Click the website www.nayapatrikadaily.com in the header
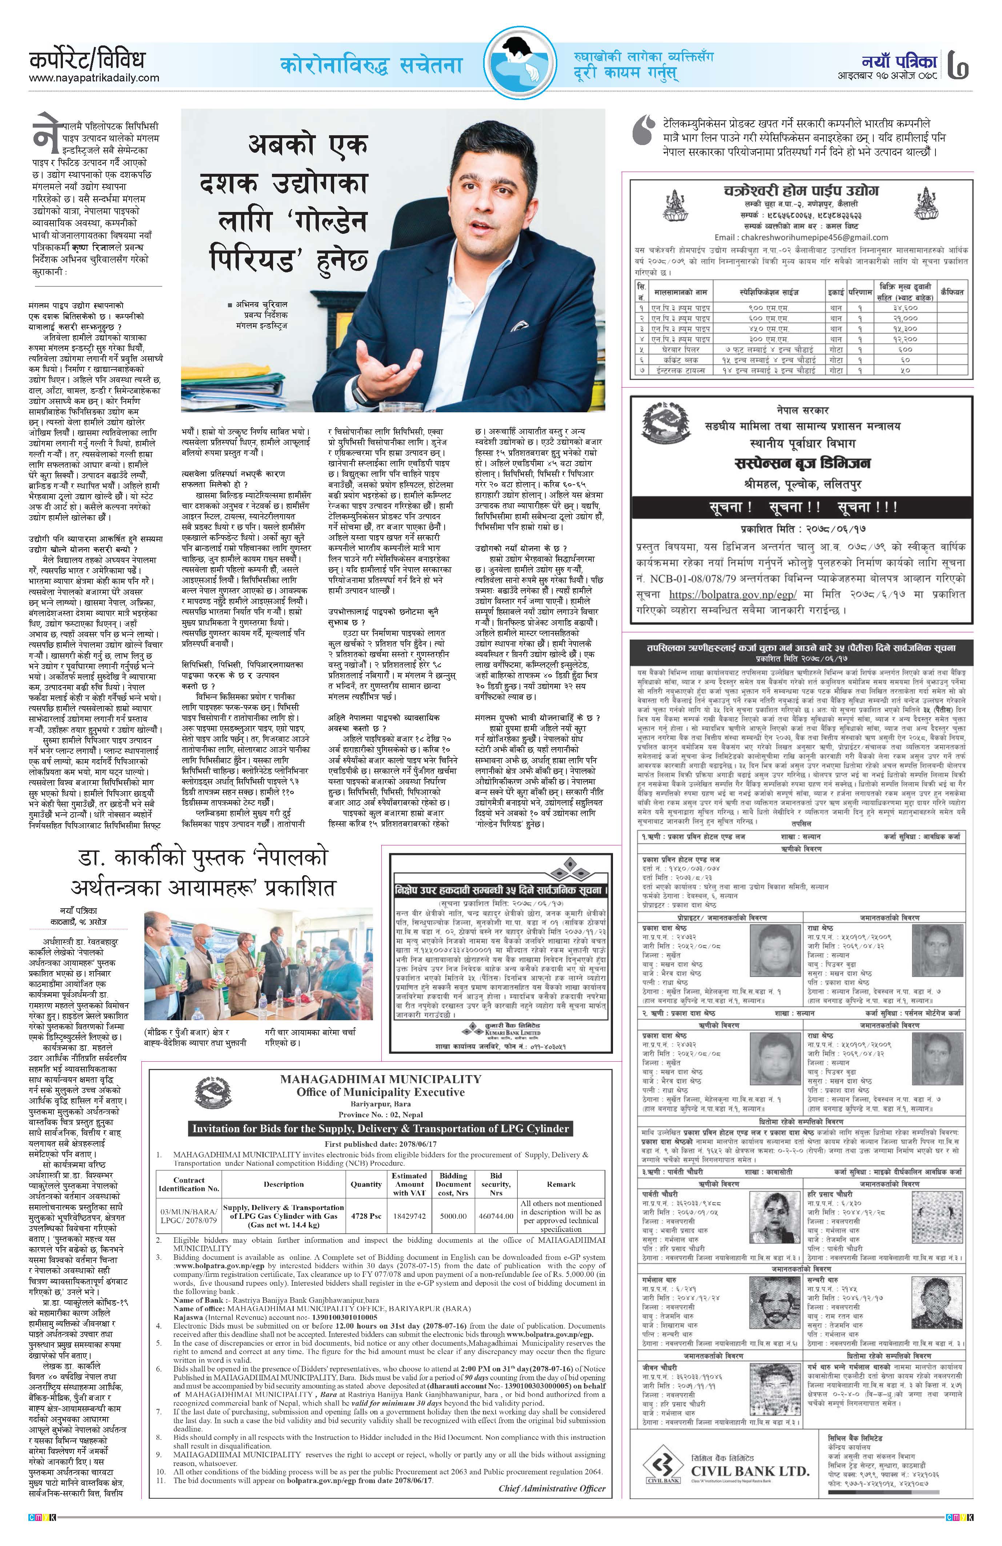(x=94, y=78)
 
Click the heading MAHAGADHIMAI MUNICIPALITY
(x=381, y=1079)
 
